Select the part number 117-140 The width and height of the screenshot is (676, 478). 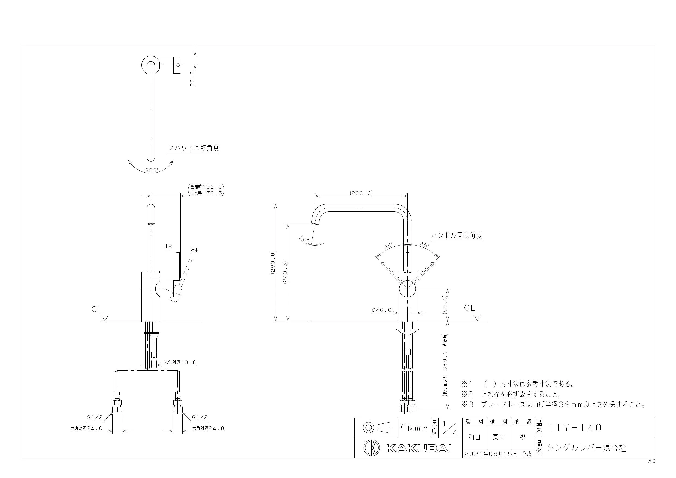coord(574,428)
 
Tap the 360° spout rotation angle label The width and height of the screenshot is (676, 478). coord(152,170)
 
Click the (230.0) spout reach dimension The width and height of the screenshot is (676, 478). coord(361,193)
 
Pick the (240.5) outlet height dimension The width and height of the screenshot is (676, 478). coord(285,272)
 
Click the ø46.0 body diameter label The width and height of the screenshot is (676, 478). coord(382,310)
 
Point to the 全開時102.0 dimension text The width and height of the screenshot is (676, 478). coord(206,187)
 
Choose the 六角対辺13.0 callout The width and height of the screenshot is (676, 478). coord(180,362)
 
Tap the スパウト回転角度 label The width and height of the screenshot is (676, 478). coord(194,148)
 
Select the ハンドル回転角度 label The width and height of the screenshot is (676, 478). coord(457,235)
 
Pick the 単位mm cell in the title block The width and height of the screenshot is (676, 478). coord(414,428)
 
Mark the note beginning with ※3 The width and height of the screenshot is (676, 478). coord(554,404)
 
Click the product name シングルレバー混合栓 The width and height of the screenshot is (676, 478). coord(587,448)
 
